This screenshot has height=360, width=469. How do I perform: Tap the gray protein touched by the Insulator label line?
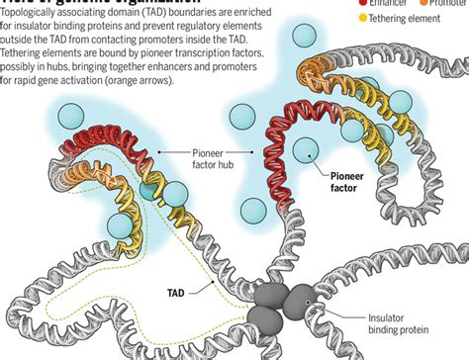coord(298,300)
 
